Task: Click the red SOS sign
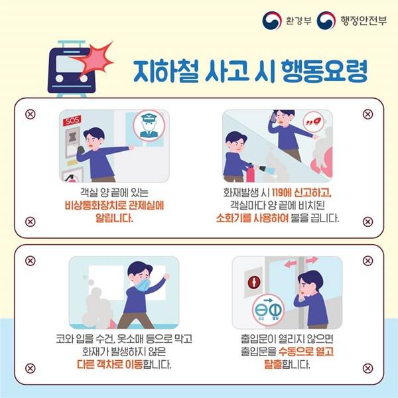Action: (72, 120)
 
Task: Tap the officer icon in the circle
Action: (149, 125)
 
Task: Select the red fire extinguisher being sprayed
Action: (251, 172)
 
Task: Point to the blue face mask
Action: (143, 285)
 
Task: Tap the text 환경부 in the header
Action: (298, 21)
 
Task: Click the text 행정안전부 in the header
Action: (364, 21)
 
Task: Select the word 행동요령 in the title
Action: (324, 72)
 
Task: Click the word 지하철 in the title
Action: (165, 72)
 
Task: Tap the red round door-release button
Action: (254, 282)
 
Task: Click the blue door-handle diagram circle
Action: (269, 310)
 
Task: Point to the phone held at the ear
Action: (273, 117)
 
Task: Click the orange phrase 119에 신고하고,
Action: (302, 193)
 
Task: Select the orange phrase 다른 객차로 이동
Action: (109, 365)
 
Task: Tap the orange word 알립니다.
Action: (114, 218)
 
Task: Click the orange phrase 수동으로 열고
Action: (306, 352)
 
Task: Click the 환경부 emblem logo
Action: (272, 21)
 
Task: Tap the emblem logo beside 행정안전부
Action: (326, 21)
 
